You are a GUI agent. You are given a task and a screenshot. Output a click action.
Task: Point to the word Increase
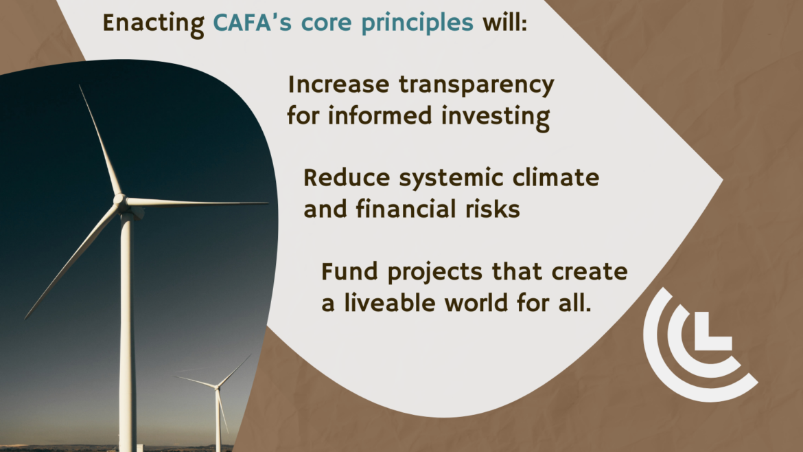click(x=338, y=84)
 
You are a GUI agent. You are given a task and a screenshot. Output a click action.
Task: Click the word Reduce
click(x=347, y=178)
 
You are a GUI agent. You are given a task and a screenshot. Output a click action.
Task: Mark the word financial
click(x=406, y=209)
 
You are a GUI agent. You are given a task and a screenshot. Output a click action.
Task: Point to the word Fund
click(x=350, y=271)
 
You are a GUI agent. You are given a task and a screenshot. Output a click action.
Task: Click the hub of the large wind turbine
click(x=120, y=200)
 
